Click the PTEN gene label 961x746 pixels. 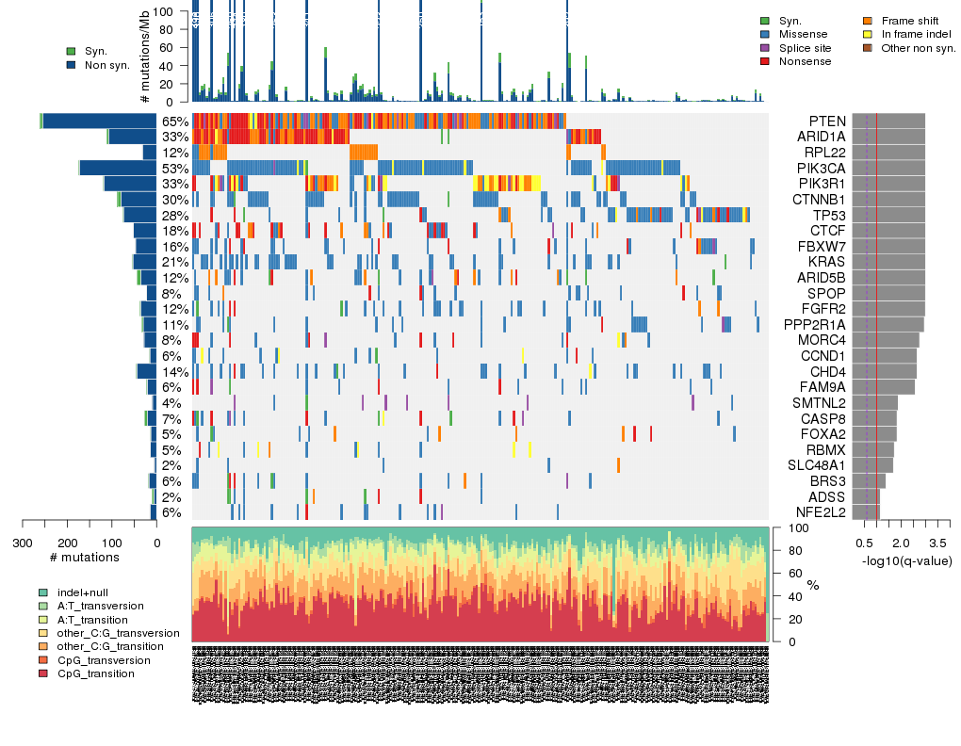pos(827,122)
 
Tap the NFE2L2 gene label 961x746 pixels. pos(820,512)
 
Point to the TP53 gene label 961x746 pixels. pos(827,215)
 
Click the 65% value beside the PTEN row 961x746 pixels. pos(174,122)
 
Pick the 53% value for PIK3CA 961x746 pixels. pos(174,168)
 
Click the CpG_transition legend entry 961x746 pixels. pos(90,674)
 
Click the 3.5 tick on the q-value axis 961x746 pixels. pos(937,543)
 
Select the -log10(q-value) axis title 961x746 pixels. pos(906,561)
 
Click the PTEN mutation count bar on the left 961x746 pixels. pos(100,122)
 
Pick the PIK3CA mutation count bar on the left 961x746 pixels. pos(118,168)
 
